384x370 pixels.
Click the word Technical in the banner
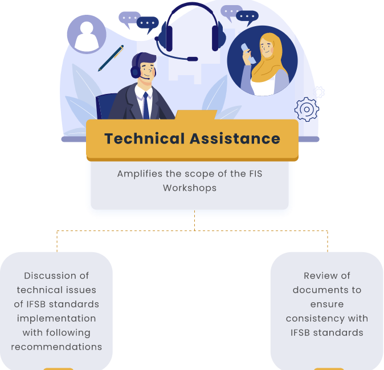[x=144, y=138]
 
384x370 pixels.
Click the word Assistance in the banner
[x=235, y=138]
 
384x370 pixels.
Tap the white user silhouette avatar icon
[x=87, y=35]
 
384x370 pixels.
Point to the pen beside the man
[x=111, y=58]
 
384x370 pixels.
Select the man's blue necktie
[x=146, y=106]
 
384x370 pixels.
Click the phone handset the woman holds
[x=248, y=54]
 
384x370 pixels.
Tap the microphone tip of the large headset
[x=192, y=59]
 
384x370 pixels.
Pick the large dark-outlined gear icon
[x=307, y=109]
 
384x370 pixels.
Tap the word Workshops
[x=190, y=188]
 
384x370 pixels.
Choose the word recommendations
[x=56, y=347]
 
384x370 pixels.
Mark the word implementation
[x=56, y=319]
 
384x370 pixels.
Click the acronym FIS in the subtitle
[x=256, y=174]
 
